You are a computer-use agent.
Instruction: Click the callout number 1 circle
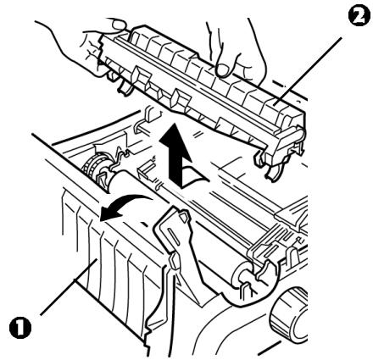[x=20, y=327]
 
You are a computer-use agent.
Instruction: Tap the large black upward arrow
[x=176, y=154]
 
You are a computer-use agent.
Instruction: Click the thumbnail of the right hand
[x=224, y=69]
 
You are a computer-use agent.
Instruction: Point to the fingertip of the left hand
[x=118, y=24]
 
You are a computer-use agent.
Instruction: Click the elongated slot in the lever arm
[x=174, y=237]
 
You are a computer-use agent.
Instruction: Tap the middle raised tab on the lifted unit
[x=181, y=99]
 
